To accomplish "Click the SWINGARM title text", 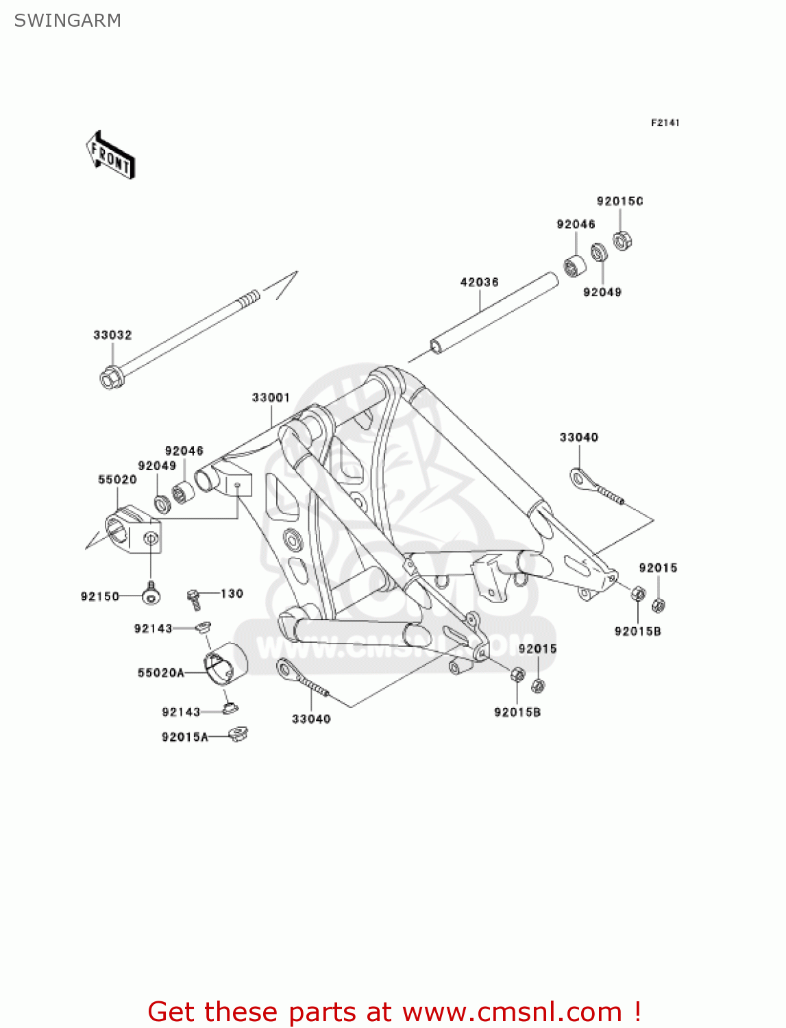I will point(67,21).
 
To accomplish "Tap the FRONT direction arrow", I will point(110,156).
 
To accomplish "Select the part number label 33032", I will point(112,335).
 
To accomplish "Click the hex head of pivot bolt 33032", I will point(111,378).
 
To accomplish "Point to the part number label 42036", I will point(479,282).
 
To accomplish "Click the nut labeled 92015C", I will point(622,241).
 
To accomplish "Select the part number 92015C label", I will point(619,201).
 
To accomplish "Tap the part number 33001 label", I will point(271,397).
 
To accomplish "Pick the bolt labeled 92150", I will point(150,595).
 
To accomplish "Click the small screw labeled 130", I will point(195,598).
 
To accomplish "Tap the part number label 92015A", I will point(184,737).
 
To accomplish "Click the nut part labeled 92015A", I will point(238,734).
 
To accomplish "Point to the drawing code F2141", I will point(665,123).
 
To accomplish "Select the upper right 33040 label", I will point(578,437).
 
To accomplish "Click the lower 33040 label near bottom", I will point(311,719).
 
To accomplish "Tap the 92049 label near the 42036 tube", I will point(602,293).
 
